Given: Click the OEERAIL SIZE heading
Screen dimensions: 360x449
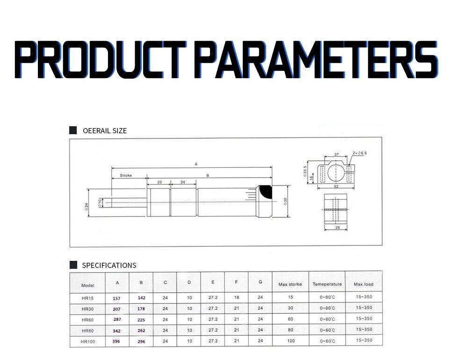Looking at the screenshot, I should pyautogui.click(x=104, y=130).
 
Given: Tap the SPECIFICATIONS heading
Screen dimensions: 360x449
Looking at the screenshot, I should pyautogui.click(x=109, y=265).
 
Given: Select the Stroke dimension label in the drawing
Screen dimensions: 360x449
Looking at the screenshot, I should pyautogui.click(x=126, y=176).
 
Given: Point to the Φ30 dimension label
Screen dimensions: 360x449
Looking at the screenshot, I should pyautogui.click(x=284, y=202).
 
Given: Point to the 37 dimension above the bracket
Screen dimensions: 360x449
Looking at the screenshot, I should pyautogui.click(x=336, y=154).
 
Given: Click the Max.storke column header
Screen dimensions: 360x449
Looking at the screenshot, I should pyautogui.click(x=290, y=284).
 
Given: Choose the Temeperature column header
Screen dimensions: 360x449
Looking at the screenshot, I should pyautogui.click(x=327, y=284).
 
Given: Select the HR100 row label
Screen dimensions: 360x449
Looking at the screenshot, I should pyautogui.click(x=88, y=341).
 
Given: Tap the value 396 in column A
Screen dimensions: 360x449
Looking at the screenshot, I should pyautogui.click(x=116, y=341).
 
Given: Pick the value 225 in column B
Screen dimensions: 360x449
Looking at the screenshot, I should pyautogui.click(x=141, y=319).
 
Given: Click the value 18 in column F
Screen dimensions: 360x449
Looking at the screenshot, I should pyautogui.click(x=237, y=297).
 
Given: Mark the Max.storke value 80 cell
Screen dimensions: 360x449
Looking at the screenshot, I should pyautogui.click(x=290, y=330).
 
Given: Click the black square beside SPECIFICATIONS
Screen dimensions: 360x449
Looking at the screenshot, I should pyautogui.click(x=73, y=265).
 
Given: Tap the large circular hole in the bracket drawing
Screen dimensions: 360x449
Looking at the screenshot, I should pyautogui.click(x=335, y=172).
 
